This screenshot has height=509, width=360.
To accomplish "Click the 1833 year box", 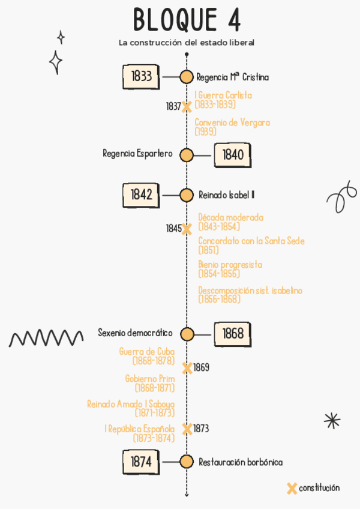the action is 141,77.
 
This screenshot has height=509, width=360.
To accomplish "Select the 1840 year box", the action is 232,155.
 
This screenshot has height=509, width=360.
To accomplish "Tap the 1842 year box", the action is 141,194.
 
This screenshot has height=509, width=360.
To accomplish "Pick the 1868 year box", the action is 232,334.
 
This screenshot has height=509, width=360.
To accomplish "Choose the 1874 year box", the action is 141,462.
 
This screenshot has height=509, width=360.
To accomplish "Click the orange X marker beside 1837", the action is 187,107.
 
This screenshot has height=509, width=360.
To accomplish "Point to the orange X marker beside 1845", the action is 187,229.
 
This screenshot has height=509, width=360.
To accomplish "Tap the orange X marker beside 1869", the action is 187,367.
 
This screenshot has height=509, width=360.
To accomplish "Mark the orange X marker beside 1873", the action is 187,429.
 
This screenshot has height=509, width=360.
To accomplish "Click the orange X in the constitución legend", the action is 292,488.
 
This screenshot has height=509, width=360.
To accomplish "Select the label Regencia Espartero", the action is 137,154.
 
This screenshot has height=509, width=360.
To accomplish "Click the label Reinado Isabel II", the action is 226,195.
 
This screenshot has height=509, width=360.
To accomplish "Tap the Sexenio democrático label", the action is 135,333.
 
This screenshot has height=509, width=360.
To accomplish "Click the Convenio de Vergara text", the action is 232,127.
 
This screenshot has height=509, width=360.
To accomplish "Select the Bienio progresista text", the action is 230,269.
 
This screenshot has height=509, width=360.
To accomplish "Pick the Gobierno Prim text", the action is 150,383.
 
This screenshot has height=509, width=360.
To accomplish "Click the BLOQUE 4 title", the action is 187,20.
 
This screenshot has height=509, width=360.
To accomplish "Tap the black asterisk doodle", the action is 332,420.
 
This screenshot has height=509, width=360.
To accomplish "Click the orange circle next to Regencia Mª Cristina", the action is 187,77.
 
